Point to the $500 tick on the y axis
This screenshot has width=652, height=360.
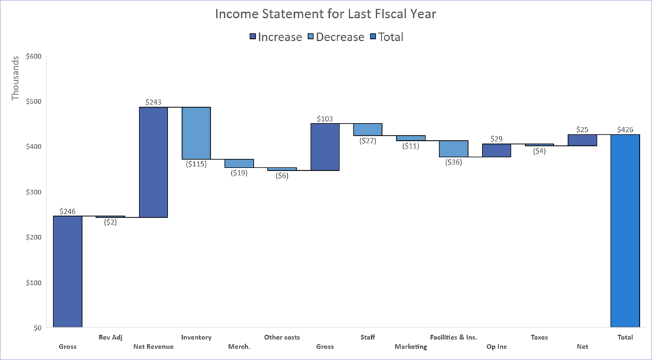33,101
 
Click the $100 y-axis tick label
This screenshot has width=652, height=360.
33,282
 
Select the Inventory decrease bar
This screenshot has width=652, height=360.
196,133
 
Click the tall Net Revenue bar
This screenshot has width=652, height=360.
153,162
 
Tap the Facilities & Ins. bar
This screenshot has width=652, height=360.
453,148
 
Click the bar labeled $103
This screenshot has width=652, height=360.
325,147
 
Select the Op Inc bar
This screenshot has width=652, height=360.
496,150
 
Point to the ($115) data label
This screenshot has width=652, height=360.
196,164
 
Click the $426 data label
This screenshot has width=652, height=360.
625,129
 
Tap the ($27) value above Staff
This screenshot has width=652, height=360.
367,141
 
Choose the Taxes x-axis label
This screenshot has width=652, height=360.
539,337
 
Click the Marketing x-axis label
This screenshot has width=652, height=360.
411,347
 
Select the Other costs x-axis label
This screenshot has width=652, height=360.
282,337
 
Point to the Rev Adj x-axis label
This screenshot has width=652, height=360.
110,337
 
